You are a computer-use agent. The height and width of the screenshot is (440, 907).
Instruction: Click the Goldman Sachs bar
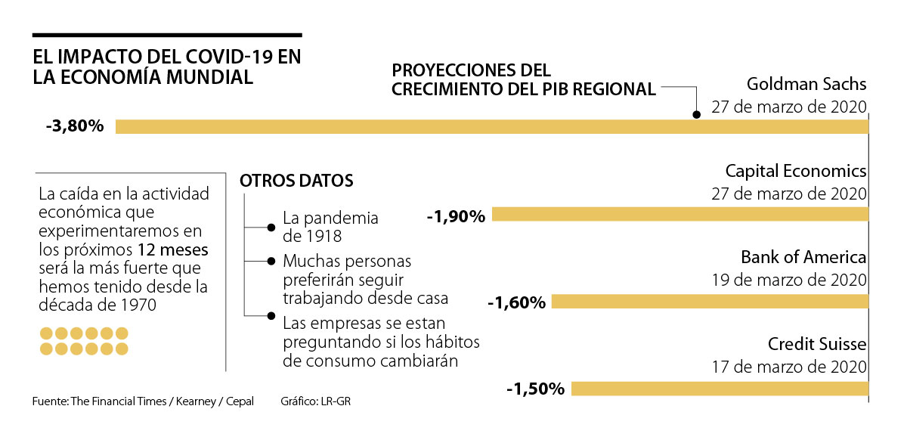(491, 126)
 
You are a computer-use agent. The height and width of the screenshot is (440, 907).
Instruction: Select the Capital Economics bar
(680, 215)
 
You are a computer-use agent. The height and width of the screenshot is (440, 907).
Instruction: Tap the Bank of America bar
(710, 302)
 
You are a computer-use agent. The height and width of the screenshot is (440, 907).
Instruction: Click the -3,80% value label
(74, 126)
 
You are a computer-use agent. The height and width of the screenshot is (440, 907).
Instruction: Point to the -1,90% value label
(456, 216)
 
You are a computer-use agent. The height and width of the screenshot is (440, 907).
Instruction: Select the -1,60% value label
(516, 303)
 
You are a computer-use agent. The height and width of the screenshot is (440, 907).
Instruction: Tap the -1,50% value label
(536, 389)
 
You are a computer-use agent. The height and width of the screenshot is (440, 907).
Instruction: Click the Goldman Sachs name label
(806, 83)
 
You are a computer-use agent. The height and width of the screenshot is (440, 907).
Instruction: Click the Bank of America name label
(803, 257)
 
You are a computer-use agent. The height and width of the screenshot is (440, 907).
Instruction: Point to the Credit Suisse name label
(817, 345)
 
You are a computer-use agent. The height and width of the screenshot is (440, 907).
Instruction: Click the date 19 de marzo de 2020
(789, 280)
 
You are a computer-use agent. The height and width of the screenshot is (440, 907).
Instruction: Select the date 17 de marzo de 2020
(789, 367)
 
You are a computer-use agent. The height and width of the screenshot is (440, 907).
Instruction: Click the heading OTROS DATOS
(296, 181)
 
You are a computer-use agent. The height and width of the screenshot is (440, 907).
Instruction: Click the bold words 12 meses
(173, 249)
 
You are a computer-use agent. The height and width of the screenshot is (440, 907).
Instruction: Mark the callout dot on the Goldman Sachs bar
(697, 115)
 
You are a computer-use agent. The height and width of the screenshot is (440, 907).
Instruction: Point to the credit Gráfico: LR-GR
(315, 401)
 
